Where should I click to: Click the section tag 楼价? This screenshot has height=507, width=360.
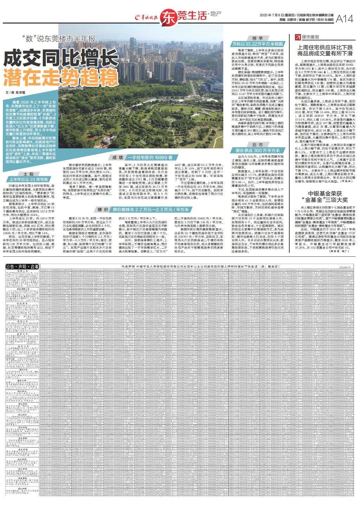pyautogui.click(x=102, y=210)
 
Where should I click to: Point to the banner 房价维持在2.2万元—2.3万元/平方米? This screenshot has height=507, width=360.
pyautogui.click(x=151, y=210)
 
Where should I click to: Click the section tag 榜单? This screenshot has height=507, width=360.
pyautogui.click(x=257, y=38)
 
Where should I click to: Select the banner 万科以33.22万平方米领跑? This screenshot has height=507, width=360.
pyautogui.click(x=257, y=44)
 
